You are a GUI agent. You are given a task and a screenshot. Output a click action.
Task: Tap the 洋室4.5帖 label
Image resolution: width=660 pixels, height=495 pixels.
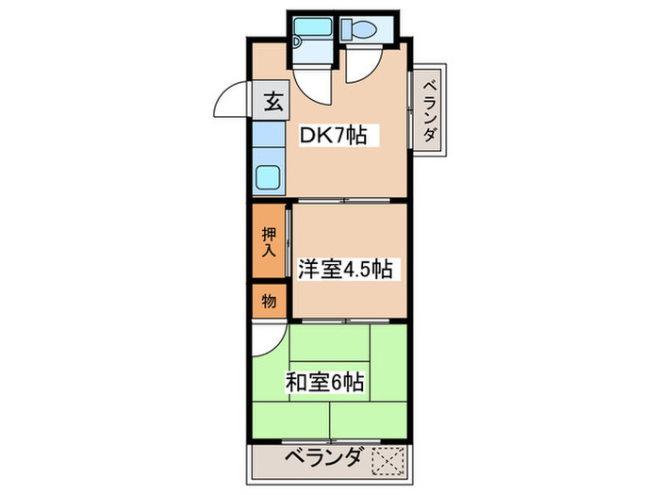pyautogui.click(x=344, y=270)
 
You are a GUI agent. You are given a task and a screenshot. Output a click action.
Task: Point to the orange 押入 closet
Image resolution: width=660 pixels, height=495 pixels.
pyautogui.click(x=269, y=241)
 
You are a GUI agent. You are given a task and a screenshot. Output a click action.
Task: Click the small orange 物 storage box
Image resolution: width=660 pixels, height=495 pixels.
pyautogui.click(x=269, y=301)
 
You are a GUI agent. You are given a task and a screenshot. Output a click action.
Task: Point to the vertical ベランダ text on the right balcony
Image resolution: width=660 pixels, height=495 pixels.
pyautogui.click(x=428, y=110)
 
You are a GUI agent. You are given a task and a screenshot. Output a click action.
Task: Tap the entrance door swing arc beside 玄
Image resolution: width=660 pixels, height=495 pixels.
pyautogui.click(x=233, y=99)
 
